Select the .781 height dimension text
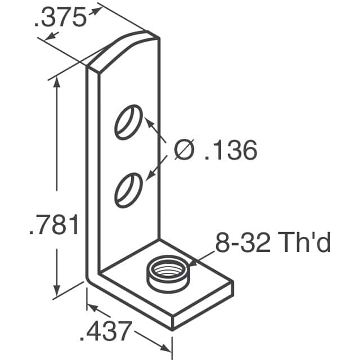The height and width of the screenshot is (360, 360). coord(54,224)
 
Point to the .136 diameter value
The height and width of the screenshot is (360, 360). coord(231,150)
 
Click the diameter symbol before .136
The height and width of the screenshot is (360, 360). coord(184,150)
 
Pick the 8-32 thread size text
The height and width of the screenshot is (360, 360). coord(242,242)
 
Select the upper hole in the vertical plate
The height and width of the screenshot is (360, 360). coord(128,122)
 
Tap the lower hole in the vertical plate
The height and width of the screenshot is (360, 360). coord(128,190)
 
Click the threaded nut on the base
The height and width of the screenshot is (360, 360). coord(168,274)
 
